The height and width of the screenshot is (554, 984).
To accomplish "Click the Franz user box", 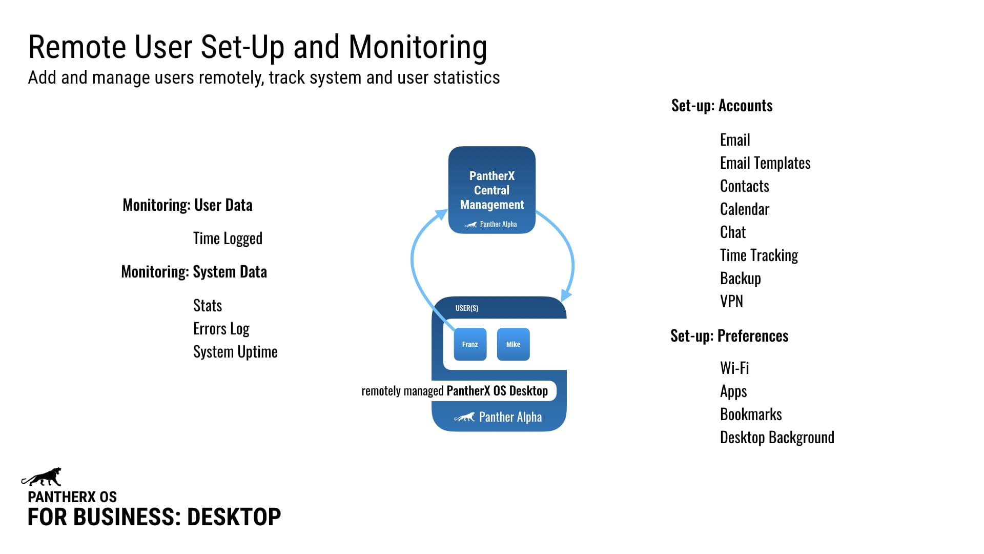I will click(x=470, y=344).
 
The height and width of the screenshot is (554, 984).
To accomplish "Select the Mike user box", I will click(x=513, y=344).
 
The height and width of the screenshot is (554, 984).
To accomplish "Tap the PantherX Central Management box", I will click(x=491, y=190).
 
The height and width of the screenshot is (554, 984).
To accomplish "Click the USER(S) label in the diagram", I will click(x=466, y=308).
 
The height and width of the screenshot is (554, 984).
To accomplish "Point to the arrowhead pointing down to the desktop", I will click(x=566, y=295).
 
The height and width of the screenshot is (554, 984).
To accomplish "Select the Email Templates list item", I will click(x=765, y=163).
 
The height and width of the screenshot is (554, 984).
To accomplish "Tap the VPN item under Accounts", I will click(x=731, y=301).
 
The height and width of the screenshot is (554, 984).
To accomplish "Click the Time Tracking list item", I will click(x=758, y=255).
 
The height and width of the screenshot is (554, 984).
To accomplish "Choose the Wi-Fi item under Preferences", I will click(x=734, y=368).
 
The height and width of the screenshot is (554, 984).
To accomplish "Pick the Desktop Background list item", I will click(x=776, y=437).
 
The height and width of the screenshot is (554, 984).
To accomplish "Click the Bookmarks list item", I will click(x=750, y=414).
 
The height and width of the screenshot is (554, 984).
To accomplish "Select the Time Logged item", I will click(x=228, y=239).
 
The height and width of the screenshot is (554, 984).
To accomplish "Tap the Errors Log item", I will click(x=221, y=328).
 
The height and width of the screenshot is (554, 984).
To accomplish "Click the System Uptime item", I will click(x=235, y=352).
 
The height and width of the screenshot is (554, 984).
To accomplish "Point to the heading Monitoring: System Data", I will click(x=194, y=272).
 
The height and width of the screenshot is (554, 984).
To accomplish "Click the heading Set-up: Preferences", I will click(x=729, y=336).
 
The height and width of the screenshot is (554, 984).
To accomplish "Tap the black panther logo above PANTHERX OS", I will click(x=42, y=477).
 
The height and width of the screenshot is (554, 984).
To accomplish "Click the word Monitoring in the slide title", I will click(x=418, y=47).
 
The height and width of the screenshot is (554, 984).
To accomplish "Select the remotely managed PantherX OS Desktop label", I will click(x=455, y=391).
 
